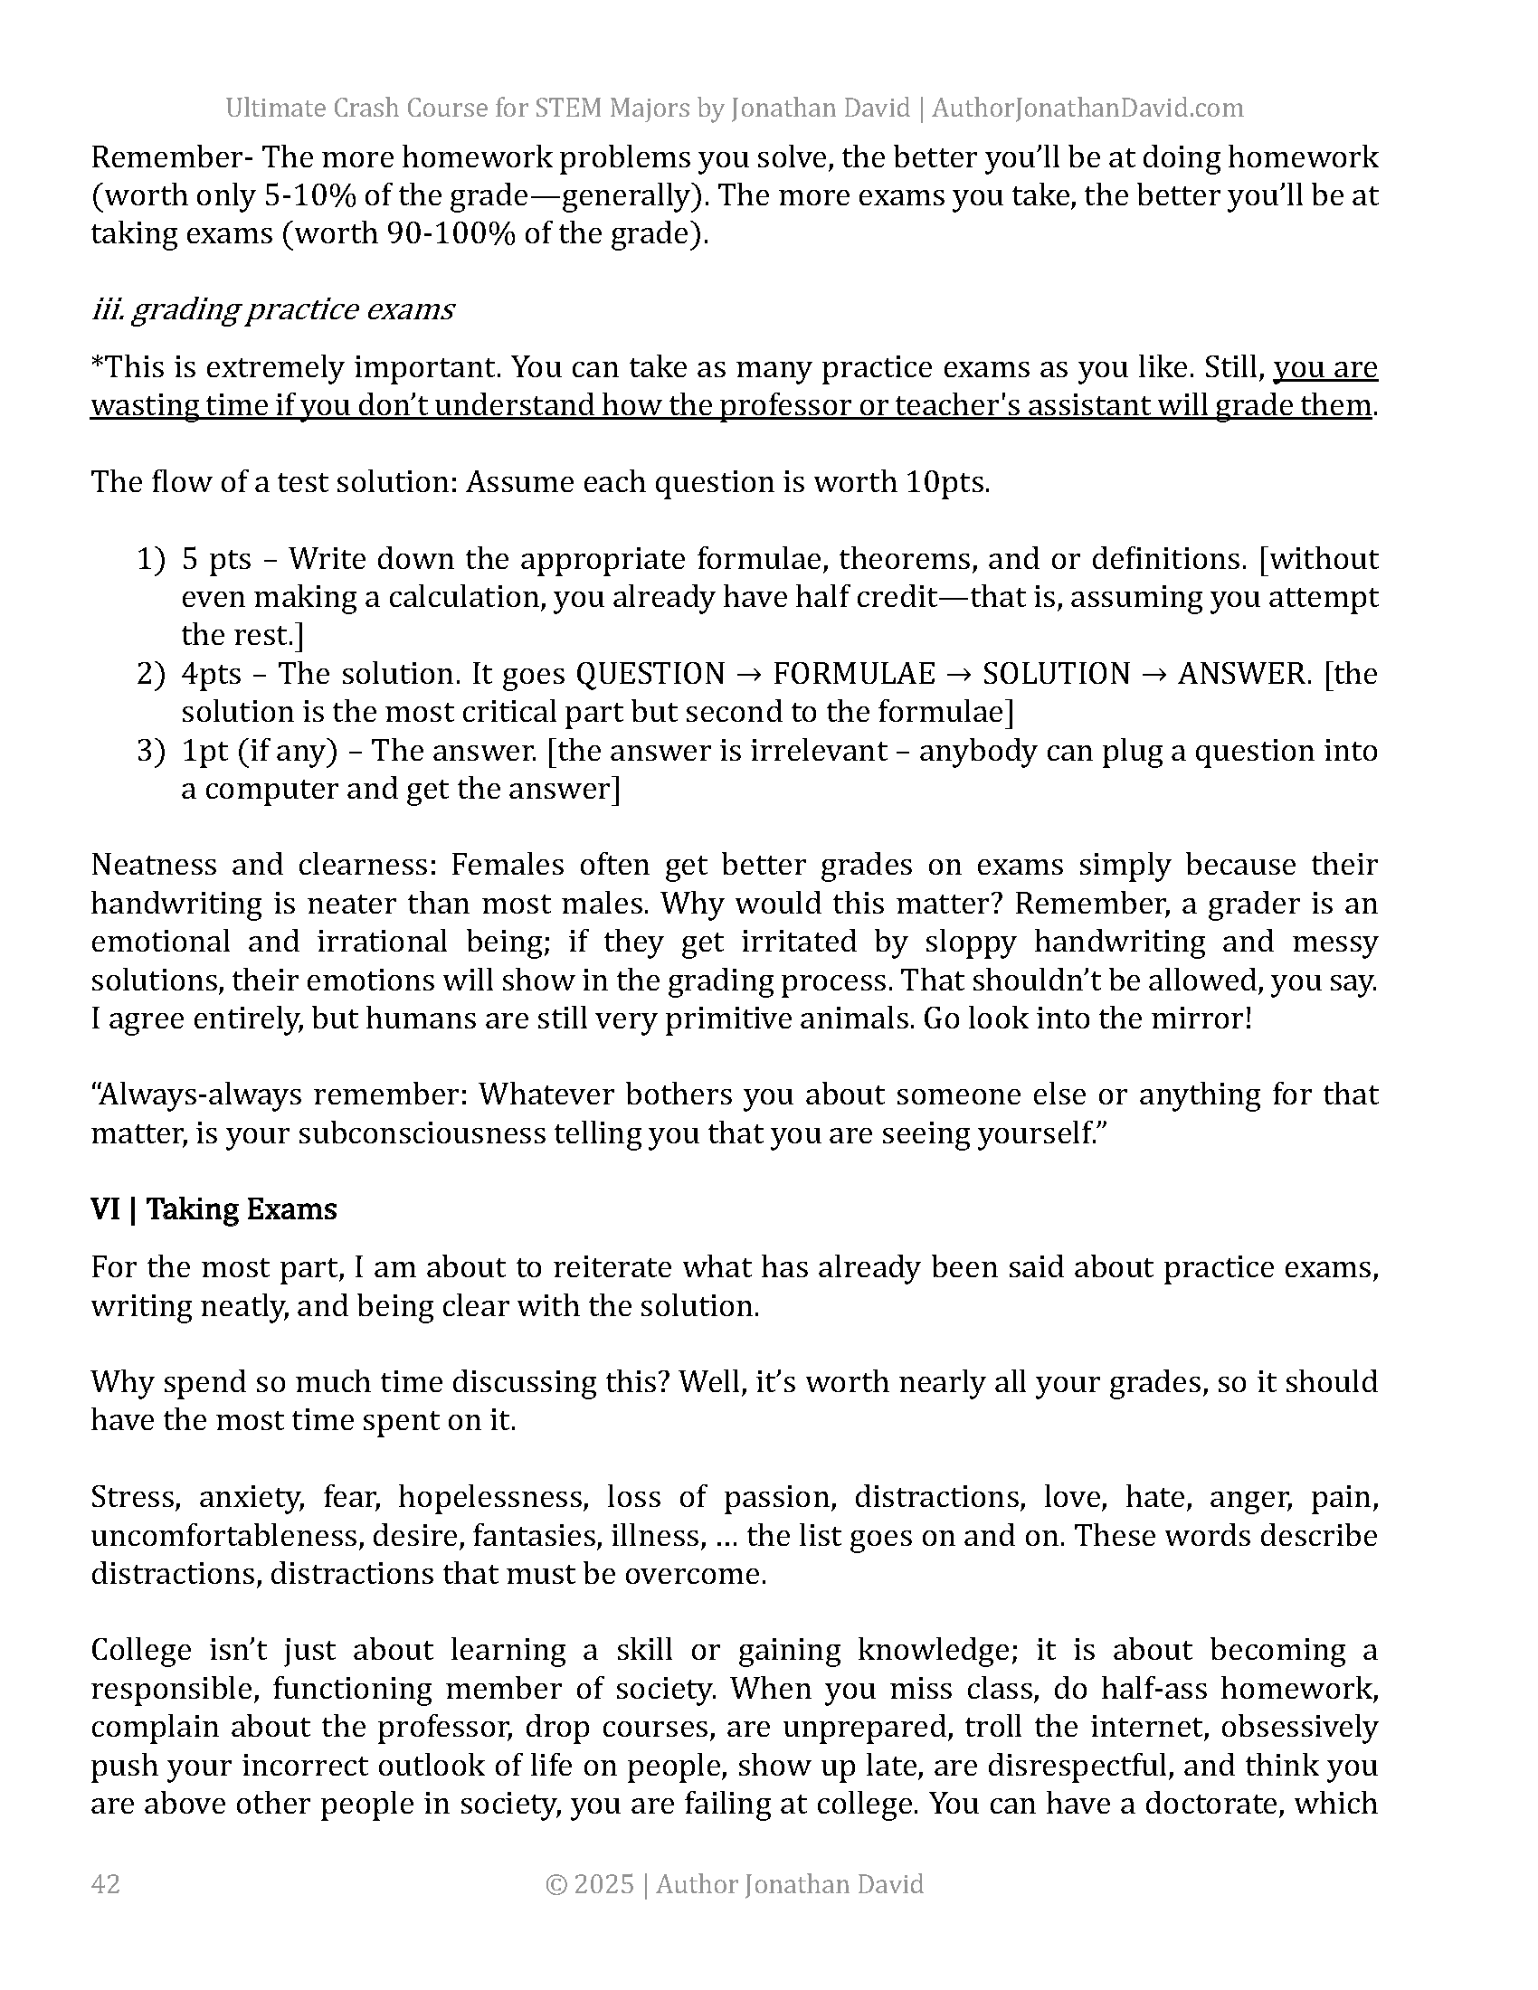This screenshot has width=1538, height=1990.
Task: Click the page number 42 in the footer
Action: click(x=106, y=1883)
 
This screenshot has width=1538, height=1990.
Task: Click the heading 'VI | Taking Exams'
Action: click(x=214, y=1209)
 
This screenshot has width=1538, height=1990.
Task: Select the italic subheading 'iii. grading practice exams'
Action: click(x=272, y=309)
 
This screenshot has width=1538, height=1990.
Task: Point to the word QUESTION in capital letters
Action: click(x=650, y=674)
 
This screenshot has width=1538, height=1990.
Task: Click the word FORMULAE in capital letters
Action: click(x=854, y=674)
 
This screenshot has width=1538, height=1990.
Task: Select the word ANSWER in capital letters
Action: click(x=1242, y=674)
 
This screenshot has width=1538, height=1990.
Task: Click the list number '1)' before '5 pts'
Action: click(x=151, y=558)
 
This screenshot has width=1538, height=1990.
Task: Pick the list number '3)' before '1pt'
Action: click(x=151, y=751)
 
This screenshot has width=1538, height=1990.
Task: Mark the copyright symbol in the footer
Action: click(x=556, y=1884)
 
